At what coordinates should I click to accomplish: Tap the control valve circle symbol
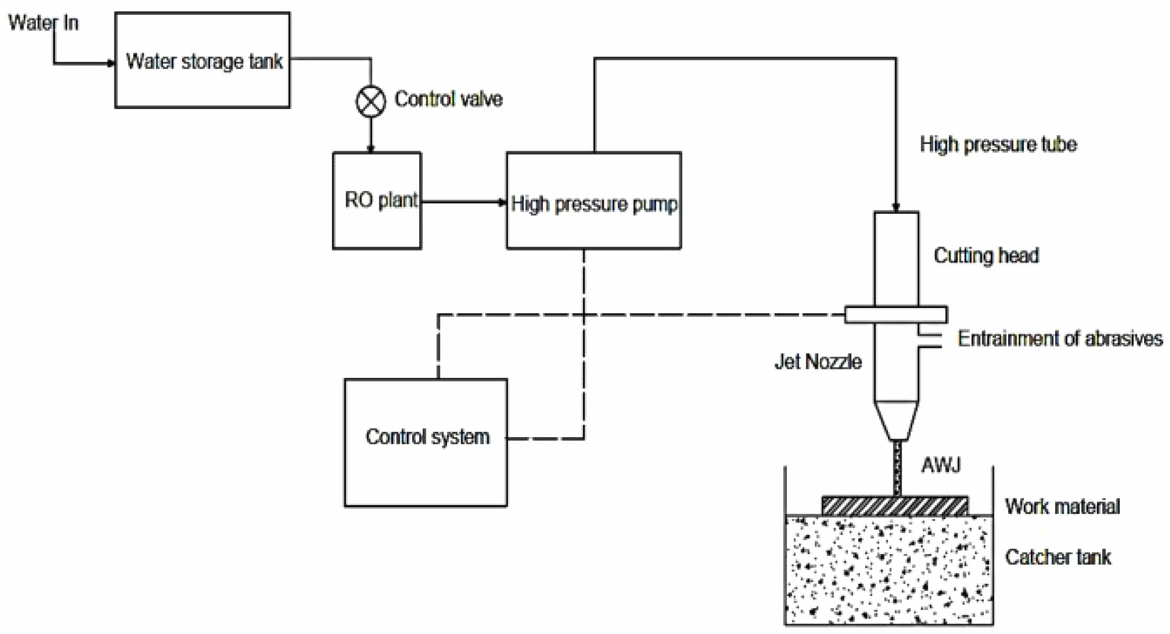pos(370,101)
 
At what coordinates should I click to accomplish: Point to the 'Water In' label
pos(43,23)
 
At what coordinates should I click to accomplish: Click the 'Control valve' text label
pos(448,99)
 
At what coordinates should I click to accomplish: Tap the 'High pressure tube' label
pos(998,144)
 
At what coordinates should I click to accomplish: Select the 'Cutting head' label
pos(986,255)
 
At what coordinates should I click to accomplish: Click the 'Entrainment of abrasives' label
pos(1060,338)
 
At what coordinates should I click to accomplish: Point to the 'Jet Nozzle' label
pos(818,361)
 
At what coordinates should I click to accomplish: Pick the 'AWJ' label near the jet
pos(941,465)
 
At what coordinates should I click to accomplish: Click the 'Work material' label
pos(1062,506)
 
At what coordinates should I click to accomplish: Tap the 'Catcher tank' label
pos(1058,557)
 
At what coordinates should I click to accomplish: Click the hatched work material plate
pos(895,506)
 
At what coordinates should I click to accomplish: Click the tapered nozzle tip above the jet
pos(896,421)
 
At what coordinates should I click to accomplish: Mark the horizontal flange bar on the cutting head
pos(896,314)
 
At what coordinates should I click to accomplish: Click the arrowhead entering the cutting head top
pos(896,207)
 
